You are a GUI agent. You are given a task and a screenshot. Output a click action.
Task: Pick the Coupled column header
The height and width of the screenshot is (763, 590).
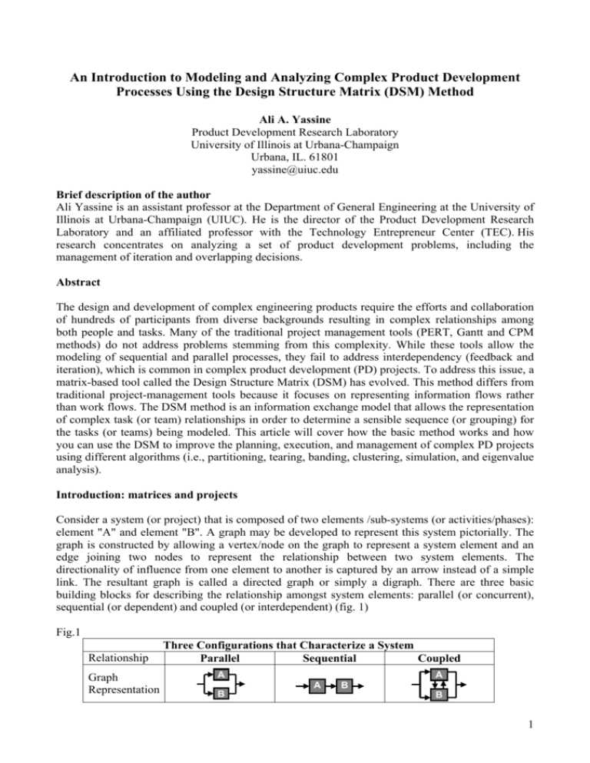461,659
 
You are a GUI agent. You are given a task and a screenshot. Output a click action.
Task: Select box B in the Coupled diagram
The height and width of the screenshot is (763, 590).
460,693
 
